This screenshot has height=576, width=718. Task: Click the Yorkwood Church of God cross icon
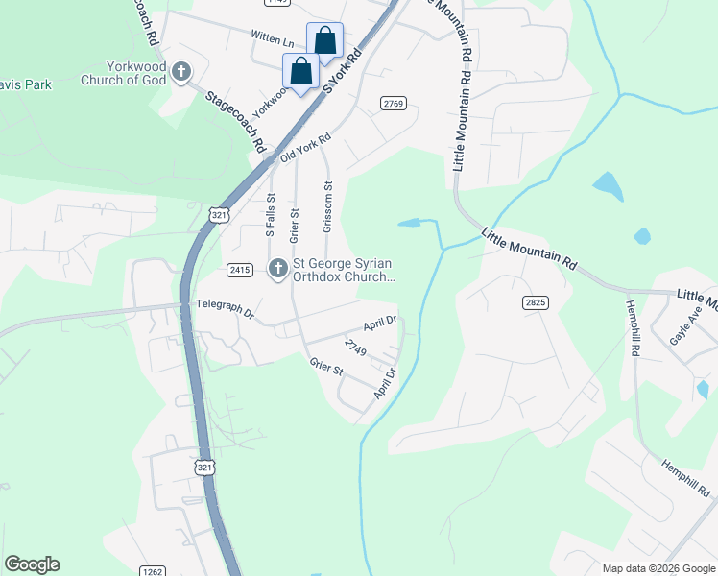pos(180,72)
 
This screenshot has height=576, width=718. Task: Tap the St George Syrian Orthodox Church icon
pos(278,269)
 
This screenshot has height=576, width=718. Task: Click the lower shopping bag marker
pos(300,72)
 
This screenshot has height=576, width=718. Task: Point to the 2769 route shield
pos(394,103)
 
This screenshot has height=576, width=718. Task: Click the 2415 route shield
pos(239,271)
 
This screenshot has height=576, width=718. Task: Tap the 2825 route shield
pos(536,302)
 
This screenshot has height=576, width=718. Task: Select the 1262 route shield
pos(152,569)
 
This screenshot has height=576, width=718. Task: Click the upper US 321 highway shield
pos(220,216)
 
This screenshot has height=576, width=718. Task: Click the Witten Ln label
pos(273,40)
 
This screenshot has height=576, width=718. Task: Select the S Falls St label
pos(271,214)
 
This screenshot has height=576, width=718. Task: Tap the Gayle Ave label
pos(680,331)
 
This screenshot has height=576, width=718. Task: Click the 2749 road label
pos(355,348)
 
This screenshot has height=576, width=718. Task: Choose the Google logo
pos(32,564)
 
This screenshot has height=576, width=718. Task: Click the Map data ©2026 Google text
pos(658,568)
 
